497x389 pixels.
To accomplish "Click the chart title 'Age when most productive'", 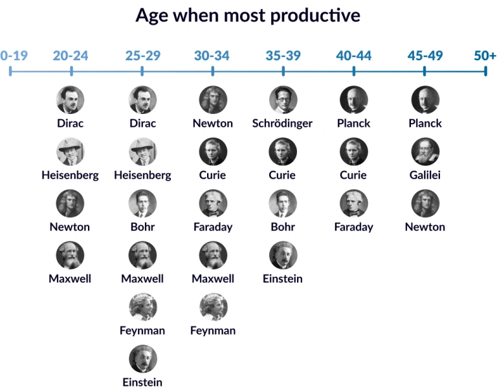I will (x=248, y=16).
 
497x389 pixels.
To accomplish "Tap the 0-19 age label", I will (x=14, y=56).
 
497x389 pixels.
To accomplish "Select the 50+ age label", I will (x=485, y=56).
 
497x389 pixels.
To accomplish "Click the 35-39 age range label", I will (x=283, y=56).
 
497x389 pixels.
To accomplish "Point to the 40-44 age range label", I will (x=353, y=56).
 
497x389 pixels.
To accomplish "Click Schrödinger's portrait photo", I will (x=283, y=100).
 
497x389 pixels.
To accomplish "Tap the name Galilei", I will (x=425, y=175).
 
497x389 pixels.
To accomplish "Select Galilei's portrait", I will (x=425, y=151).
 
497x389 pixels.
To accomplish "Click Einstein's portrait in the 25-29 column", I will (x=142, y=359).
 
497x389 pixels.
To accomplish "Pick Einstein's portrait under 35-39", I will (x=283, y=255).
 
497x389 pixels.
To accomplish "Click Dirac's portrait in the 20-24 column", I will (x=70, y=100).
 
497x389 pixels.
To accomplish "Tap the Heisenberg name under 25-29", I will (x=142, y=175).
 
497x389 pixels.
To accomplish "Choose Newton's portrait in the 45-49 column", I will (x=425, y=203).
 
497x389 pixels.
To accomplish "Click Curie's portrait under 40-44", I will (x=353, y=151).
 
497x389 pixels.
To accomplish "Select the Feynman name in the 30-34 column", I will (x=213, y=330).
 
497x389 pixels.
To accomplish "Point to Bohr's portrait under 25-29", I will (x=142, y=203).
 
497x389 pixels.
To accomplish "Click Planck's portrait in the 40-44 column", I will (x=353, y=100).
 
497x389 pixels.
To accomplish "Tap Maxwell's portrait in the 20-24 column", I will (x=70, y=255).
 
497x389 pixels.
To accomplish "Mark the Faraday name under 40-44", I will (x=353, y=227).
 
